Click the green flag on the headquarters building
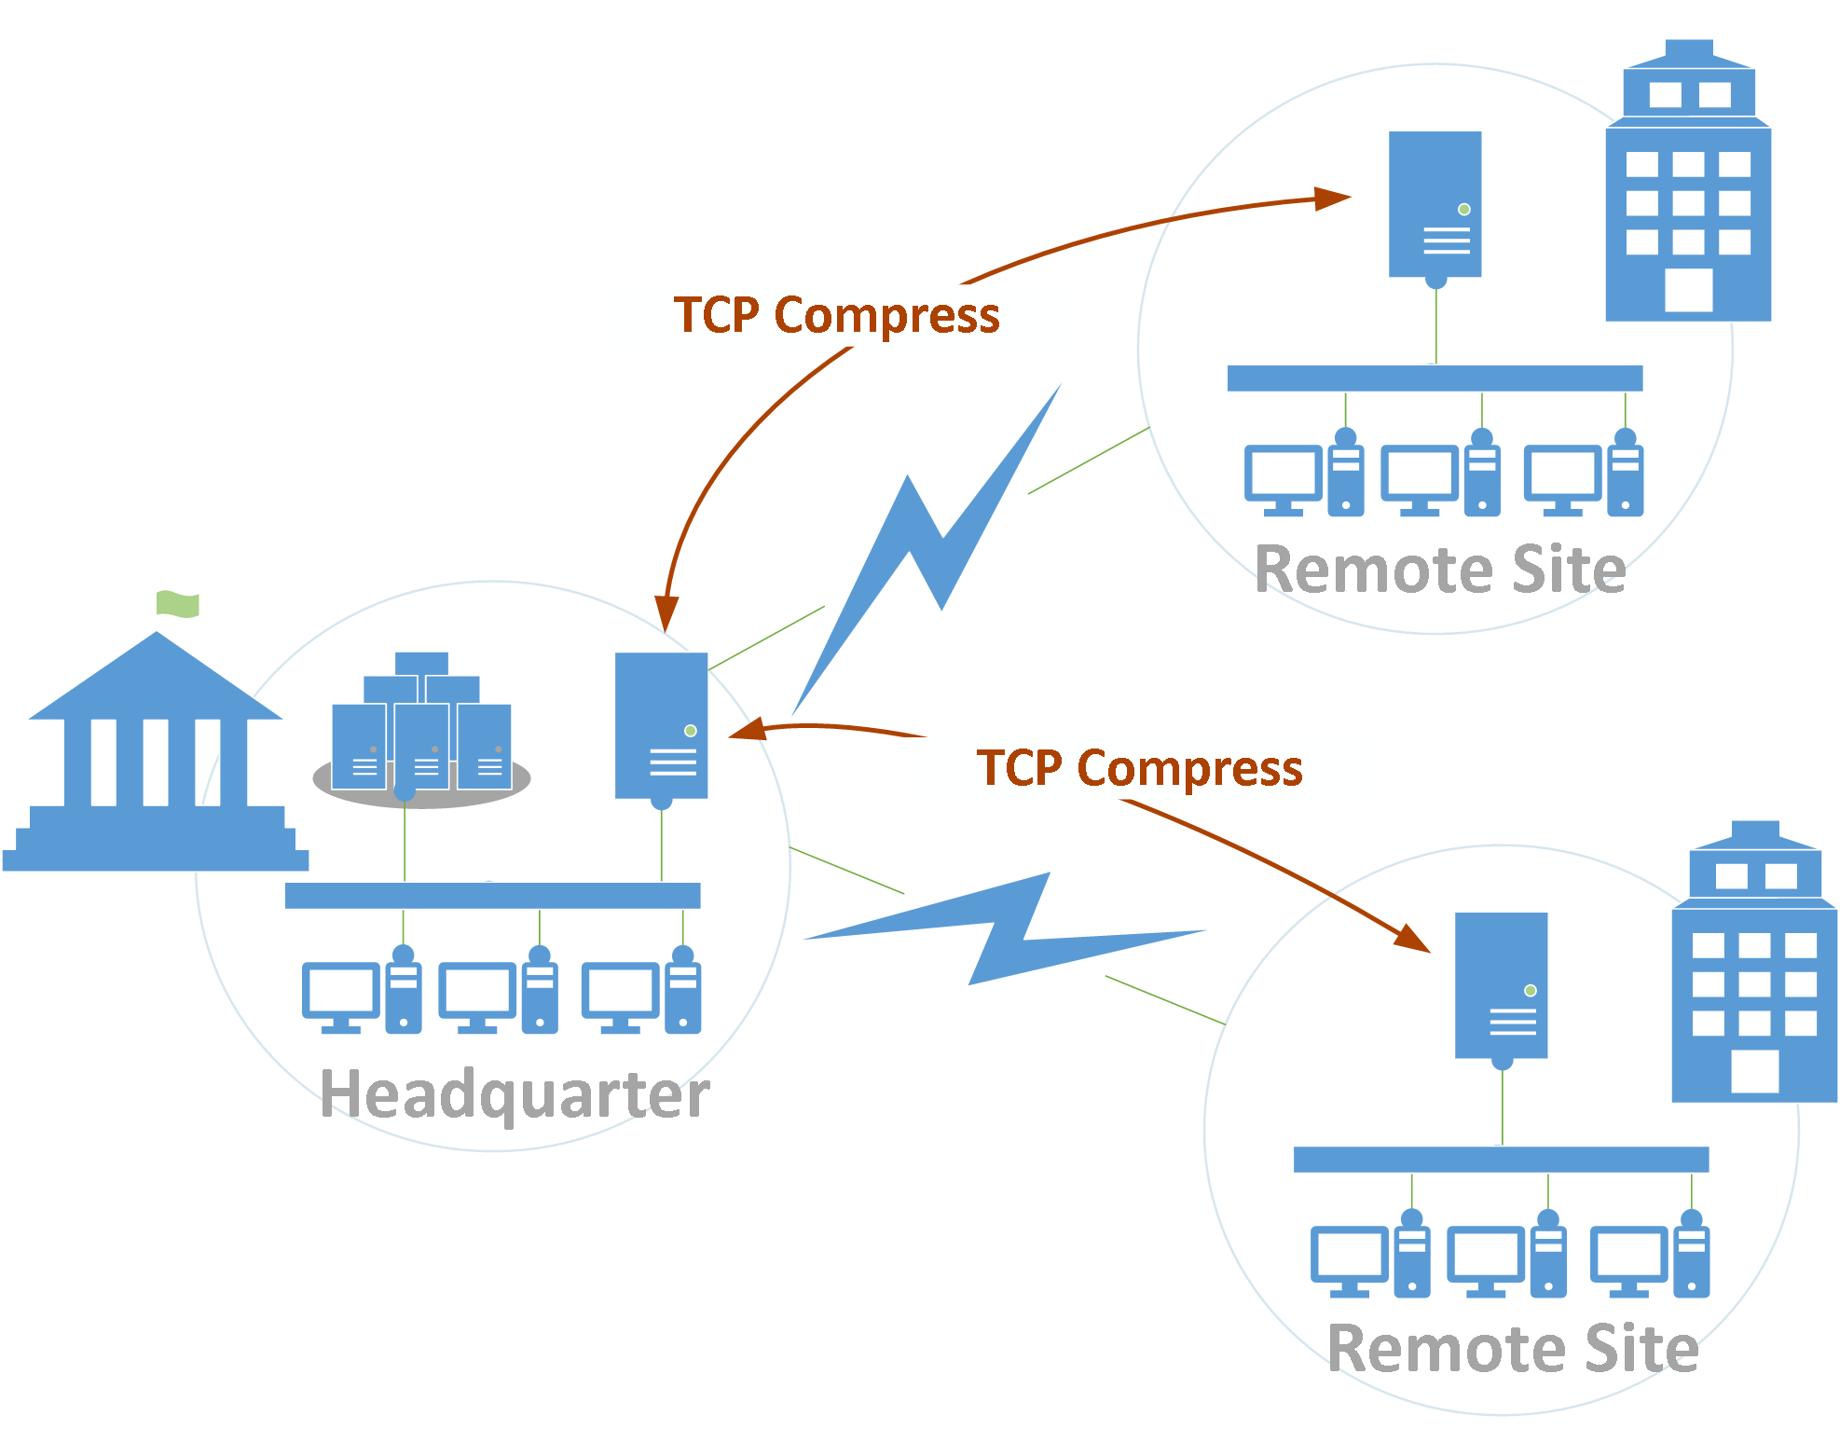(x=177, y=604)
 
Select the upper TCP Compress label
(x=836, y=315)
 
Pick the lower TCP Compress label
(x=1139, y=768)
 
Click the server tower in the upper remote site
(x=1435, y=204)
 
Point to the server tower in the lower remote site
(x=1501, y=985)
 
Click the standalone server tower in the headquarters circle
(x=661, y=725)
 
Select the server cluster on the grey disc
(x=421, y=736)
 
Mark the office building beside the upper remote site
(x=1688, y=186)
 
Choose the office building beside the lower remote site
(x=1754, y=969)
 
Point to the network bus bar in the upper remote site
(x=1435, y=378)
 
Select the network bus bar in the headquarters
(x=492, y=896)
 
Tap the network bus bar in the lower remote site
(x=1501, y=1160)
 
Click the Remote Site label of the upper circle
(x=1440, y=570)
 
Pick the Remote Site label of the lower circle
(x=1513, y=1349)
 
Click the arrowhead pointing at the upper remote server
(x=1333, y=199)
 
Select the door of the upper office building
(x=1688, y=291)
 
